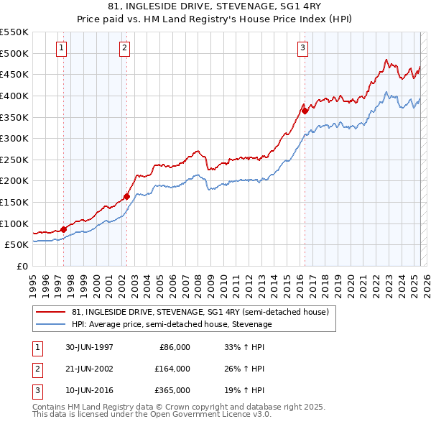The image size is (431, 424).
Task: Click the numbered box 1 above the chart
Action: [62, 48]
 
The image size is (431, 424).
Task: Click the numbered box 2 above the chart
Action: [125, 48]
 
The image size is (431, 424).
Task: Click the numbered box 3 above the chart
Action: [303, 48]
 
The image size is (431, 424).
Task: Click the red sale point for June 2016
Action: [305, 111]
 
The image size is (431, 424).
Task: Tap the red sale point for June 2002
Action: [126, 196]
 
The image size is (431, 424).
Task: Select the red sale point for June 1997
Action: [63, 229]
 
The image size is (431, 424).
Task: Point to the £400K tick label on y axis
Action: [14, 96]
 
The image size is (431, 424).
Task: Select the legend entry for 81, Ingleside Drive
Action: [200, 312]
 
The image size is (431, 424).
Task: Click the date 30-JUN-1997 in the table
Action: [88, 347]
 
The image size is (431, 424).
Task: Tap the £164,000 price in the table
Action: [172, 369]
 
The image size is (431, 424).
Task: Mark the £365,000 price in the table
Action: [172, 391]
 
